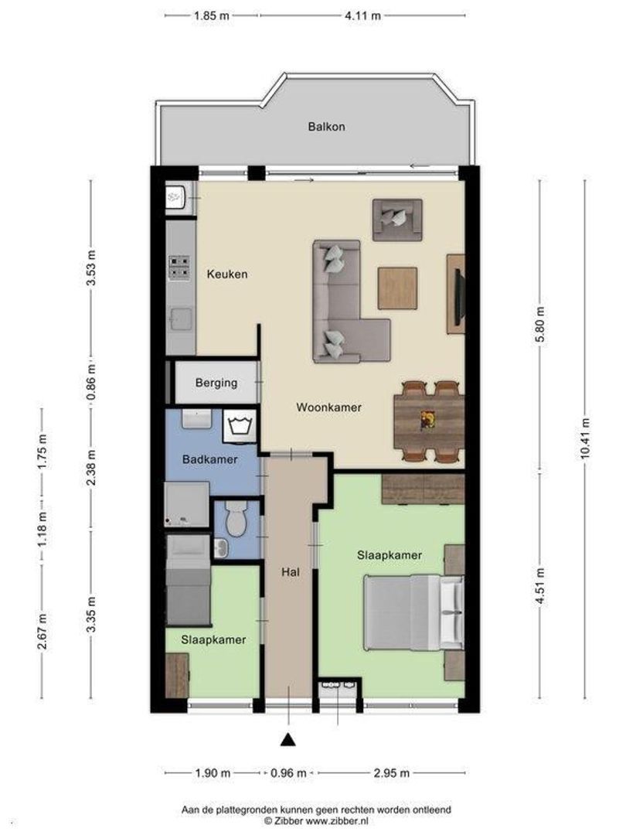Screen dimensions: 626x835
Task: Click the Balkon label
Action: [x=326, y=127]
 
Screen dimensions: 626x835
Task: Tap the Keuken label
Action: [x=227, y=274]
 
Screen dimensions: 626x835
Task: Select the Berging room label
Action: [x=216, y=383]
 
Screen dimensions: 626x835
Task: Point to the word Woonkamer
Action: [x=328, y=407]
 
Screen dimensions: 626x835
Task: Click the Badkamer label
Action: [x=209, y=459]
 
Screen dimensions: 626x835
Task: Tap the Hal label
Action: [x=290, y=572]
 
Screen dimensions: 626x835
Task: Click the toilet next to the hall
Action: [x=235, y=518]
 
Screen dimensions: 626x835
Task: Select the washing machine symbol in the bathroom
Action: [x=240, y=427]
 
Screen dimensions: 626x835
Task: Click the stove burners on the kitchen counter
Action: [x=179, y=268]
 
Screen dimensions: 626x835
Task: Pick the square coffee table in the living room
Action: [x=397, y=288]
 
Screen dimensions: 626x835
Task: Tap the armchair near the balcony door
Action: [x=397, y=220]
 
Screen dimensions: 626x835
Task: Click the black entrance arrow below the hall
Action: [x=288, y=739]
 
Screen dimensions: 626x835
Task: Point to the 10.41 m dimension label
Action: [x=585, y=438]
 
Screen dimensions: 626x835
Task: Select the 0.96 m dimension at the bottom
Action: [x=288, y=772]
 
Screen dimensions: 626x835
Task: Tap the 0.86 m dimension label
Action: [x=91, y=383]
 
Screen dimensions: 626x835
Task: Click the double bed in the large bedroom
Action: [x=413, y=612]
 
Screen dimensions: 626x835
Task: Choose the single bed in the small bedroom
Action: [x=188, y=580]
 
